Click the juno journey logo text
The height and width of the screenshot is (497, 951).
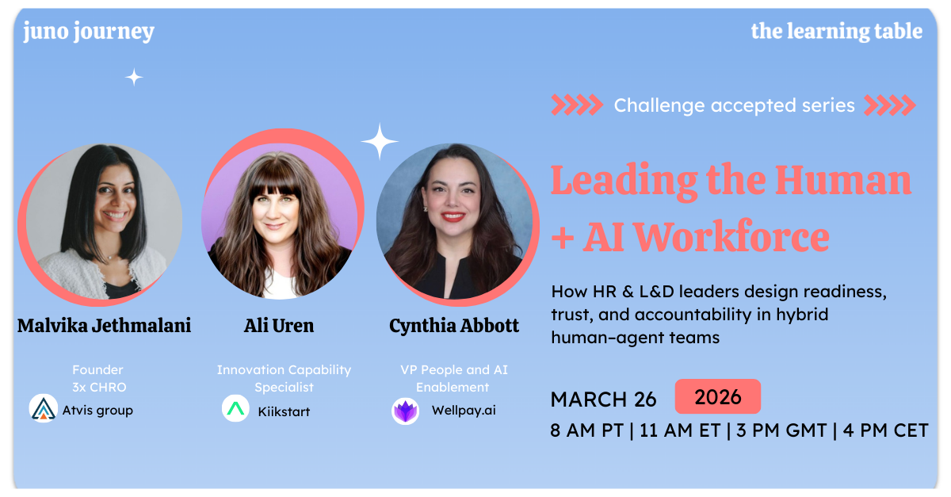click(89, 32)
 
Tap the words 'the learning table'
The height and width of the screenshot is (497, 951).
click(836, 32)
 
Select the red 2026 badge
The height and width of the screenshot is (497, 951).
click(717, 396)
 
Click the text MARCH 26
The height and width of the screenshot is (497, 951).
click(604, 399)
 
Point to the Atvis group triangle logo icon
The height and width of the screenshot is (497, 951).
click(43, 408)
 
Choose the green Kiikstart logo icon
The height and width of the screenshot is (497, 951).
click(235, 409)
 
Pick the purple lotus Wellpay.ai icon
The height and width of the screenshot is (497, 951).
click(406, 411)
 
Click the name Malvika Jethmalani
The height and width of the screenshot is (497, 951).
click(104, 326)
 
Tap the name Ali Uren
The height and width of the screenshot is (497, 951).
click(279, 326)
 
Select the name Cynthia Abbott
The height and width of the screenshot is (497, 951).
click(454, 326)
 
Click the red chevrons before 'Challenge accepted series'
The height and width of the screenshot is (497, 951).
click(576, 105)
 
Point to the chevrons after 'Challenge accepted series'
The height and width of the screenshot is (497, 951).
click(889, 105)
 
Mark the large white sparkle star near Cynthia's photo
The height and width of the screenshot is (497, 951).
click(380, 143)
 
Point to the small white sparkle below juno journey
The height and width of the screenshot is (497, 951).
click(134, 77)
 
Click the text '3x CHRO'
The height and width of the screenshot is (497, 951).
click(97, 388)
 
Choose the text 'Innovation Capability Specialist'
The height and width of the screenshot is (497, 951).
click(284, 379)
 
